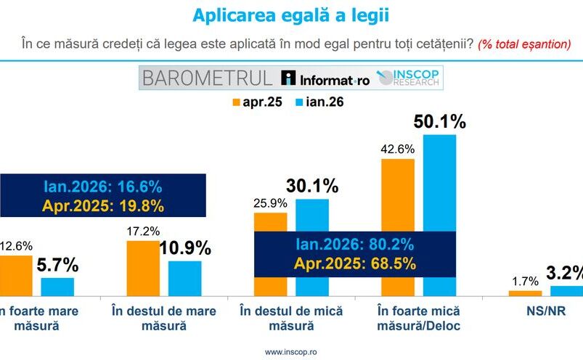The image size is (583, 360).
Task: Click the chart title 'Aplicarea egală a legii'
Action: point(290,15)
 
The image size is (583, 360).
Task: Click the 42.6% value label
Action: point(397,149)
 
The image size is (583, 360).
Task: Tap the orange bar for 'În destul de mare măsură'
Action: point(143,268)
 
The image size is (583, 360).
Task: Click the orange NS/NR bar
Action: point(525,293)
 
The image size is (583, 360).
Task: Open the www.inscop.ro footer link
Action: point(290,352)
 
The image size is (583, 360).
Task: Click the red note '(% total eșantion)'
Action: point(523,44)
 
